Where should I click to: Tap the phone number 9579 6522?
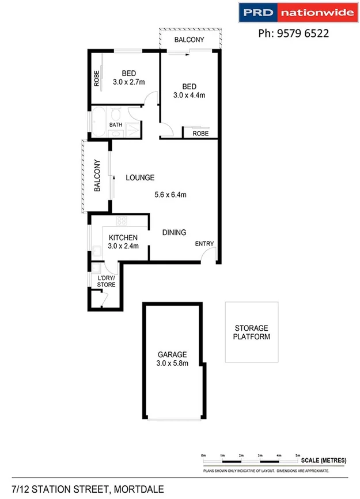pos(293,33)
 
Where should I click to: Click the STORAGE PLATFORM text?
pos(251,332)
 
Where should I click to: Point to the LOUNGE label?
pos(140,177)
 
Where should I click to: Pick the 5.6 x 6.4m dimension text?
pos(170,195)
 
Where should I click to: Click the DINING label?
pos(174,233)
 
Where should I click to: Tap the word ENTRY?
pos(204,244)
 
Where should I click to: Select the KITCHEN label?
pos(123,237)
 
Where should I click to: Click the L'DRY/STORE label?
pos(106,281)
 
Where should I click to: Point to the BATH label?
pos(116,124)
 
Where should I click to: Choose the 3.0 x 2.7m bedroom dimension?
pos(128,82)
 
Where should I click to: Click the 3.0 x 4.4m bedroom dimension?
pos(189,95)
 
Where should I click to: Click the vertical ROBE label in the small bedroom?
pos(97,78)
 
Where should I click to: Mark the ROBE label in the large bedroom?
pos(200,133)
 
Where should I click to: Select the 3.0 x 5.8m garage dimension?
pos(172,363)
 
